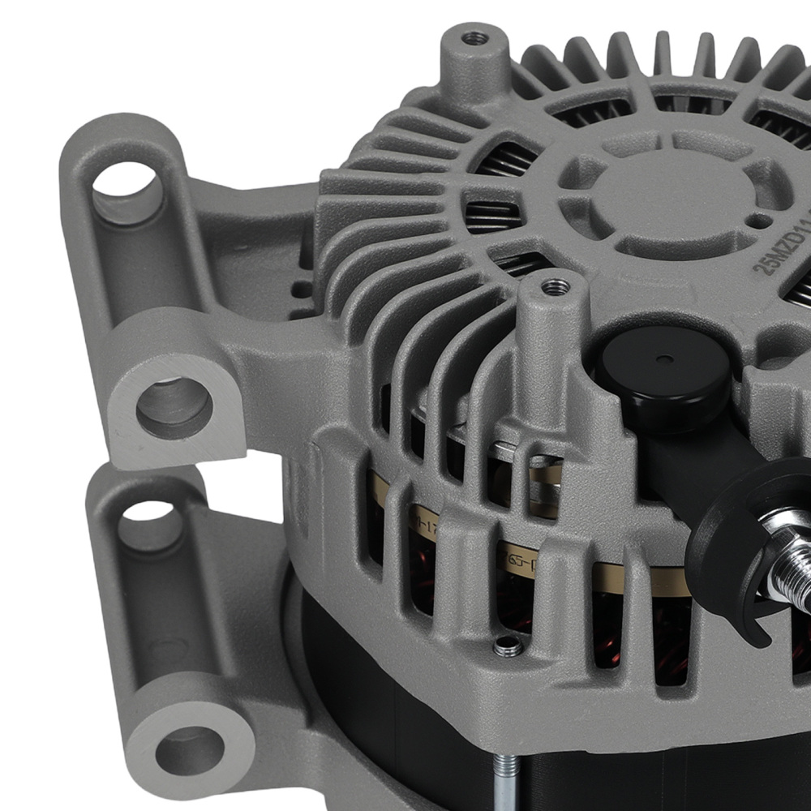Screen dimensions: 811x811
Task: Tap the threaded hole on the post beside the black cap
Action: (x=555, y=285)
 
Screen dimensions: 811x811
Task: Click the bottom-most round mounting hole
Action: (x=189, y=750)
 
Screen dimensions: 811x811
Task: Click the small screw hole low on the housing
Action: (x=507, y=646)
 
